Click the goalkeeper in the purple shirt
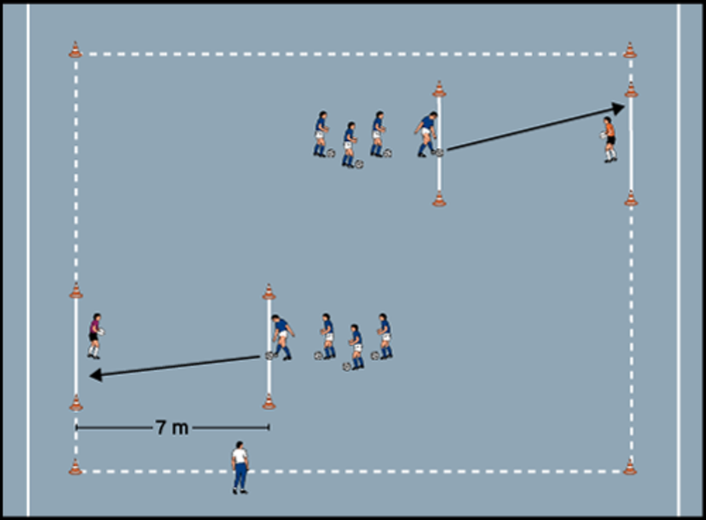pos(94,335)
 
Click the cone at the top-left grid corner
pos(75,50)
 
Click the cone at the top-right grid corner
pos(630,50)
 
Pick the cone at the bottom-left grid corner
pos(75,467)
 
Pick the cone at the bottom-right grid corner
pos(630,467)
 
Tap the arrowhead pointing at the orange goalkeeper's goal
pos(618,108)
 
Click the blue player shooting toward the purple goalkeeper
pos(282,337)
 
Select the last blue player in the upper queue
pos(321,134)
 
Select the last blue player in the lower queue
pos(385,335)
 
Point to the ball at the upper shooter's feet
pos(438,153)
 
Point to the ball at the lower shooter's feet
pos(270,355)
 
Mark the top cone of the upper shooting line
pos(439,89)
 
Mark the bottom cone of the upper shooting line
pos(439,199)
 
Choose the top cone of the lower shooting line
pos(269,292)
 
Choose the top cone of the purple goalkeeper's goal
pos(75,290)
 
